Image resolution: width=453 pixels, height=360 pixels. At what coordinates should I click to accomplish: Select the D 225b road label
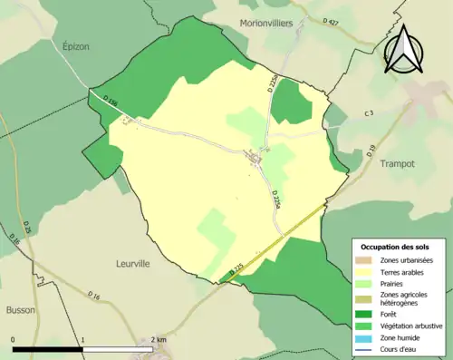click(x=271, y=83)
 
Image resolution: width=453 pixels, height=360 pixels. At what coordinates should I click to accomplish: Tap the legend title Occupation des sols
click(x=396, y=247)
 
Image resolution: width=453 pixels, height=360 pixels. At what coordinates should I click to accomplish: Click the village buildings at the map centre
click(x=257, y=160)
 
